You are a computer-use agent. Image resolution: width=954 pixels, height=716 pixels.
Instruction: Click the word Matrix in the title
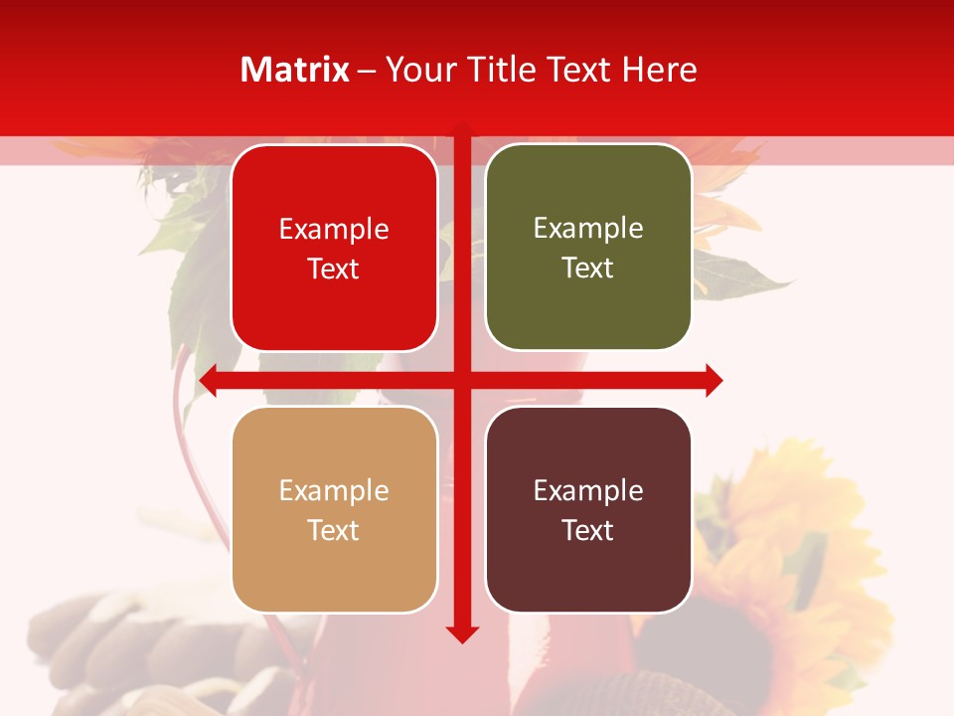pos(295,70)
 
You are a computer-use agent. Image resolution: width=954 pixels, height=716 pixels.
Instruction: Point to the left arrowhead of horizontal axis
pos(209,380)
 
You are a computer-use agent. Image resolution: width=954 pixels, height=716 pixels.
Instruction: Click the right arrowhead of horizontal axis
pos(714,380)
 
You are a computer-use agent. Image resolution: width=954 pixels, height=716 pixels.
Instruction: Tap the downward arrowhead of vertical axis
pos(462,633)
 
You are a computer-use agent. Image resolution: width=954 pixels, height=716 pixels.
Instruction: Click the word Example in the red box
pos(334,230)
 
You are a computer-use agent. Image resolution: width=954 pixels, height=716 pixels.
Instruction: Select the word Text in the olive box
pos(588,268)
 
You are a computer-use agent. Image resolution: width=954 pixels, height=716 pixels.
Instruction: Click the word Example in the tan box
pos(334,491)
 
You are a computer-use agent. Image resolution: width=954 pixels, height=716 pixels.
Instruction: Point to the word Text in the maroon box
pos(588,531)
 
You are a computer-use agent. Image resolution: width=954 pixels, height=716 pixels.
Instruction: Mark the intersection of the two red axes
pos(462,380)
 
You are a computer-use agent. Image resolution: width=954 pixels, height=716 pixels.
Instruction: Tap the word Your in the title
pos(416,70)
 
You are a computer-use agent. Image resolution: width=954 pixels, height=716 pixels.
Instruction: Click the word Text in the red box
pos(334,269)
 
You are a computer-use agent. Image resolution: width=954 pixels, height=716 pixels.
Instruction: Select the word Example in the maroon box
pos(588,491)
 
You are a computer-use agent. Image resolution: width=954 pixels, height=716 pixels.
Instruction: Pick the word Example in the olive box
pos(588,229)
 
